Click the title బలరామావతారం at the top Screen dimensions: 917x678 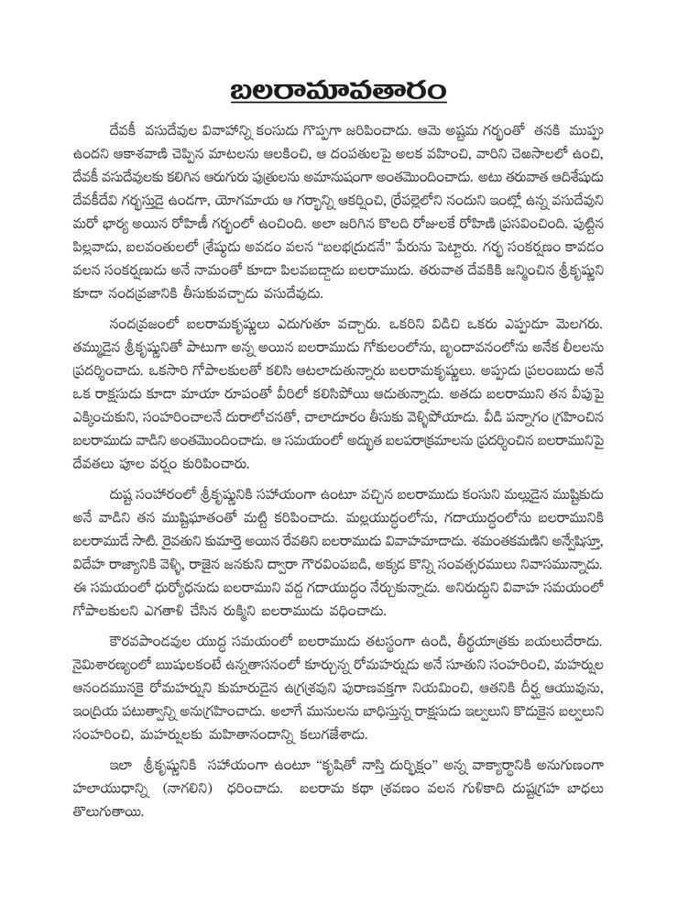338,94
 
